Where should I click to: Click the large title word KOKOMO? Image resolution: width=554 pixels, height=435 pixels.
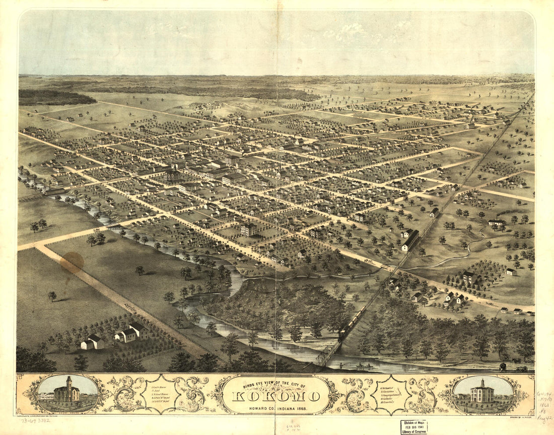[x=276, y=396]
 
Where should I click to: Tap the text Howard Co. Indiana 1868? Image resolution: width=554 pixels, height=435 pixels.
[x=276, y=407]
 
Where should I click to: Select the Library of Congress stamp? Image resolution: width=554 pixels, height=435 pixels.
[x=414, y=427]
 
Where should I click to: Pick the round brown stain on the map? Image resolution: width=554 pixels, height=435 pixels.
[x=72, y=262]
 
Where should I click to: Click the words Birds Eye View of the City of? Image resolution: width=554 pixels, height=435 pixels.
[x=275, y=385]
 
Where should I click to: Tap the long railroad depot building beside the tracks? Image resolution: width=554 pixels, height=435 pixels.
[x=411, y=240]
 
